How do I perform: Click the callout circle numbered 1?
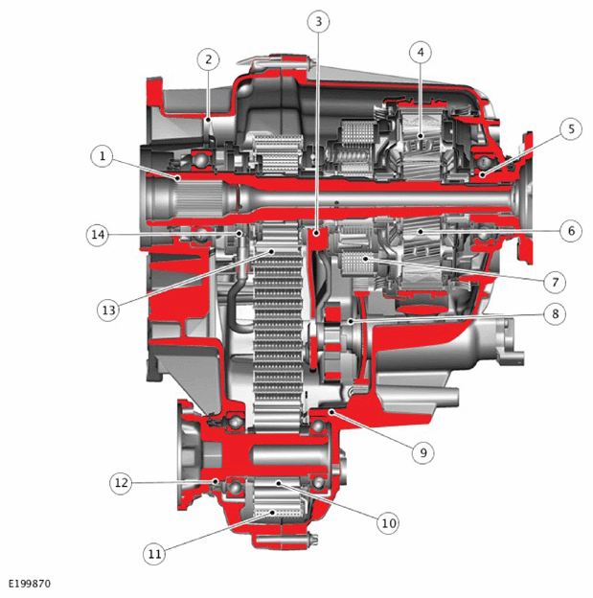click(102, 156)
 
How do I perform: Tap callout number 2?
click(208, 59)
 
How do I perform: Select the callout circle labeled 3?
click(318, 22)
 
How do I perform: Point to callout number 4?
click(421, 53)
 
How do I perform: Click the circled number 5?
click(571, 129)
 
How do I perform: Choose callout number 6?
click(571, 231)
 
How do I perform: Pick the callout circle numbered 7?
click(555, 282)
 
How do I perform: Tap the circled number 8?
click(555, 314)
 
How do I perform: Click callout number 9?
click(423, 452)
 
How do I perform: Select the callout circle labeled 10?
click(388, 523)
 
